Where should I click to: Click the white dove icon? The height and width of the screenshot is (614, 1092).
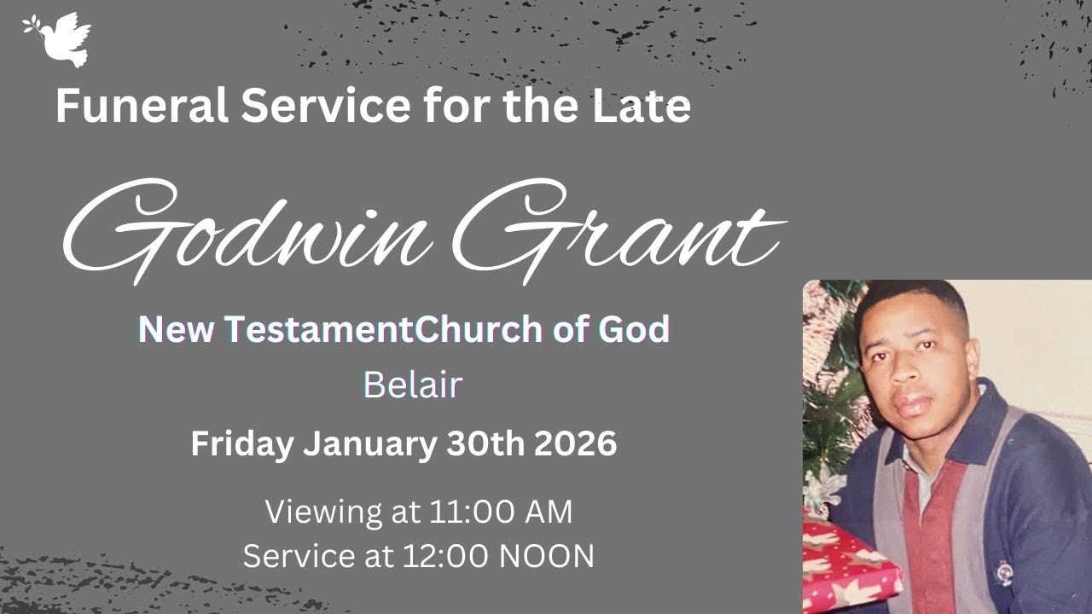pyautogui.click(x=58, y=38)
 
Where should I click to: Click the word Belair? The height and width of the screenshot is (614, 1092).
pyautogui.click(x=412, y=385)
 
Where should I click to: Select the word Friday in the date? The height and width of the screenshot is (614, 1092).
pyautogui.click(x=242, y=444)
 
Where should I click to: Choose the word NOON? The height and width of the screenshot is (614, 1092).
pyautogui.click(x=546, y=556)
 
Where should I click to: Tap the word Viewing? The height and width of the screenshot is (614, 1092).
pyautogui.click(x=323, y=512)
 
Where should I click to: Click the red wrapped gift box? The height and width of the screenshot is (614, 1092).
pyautogui.click(x=849, y=567)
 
